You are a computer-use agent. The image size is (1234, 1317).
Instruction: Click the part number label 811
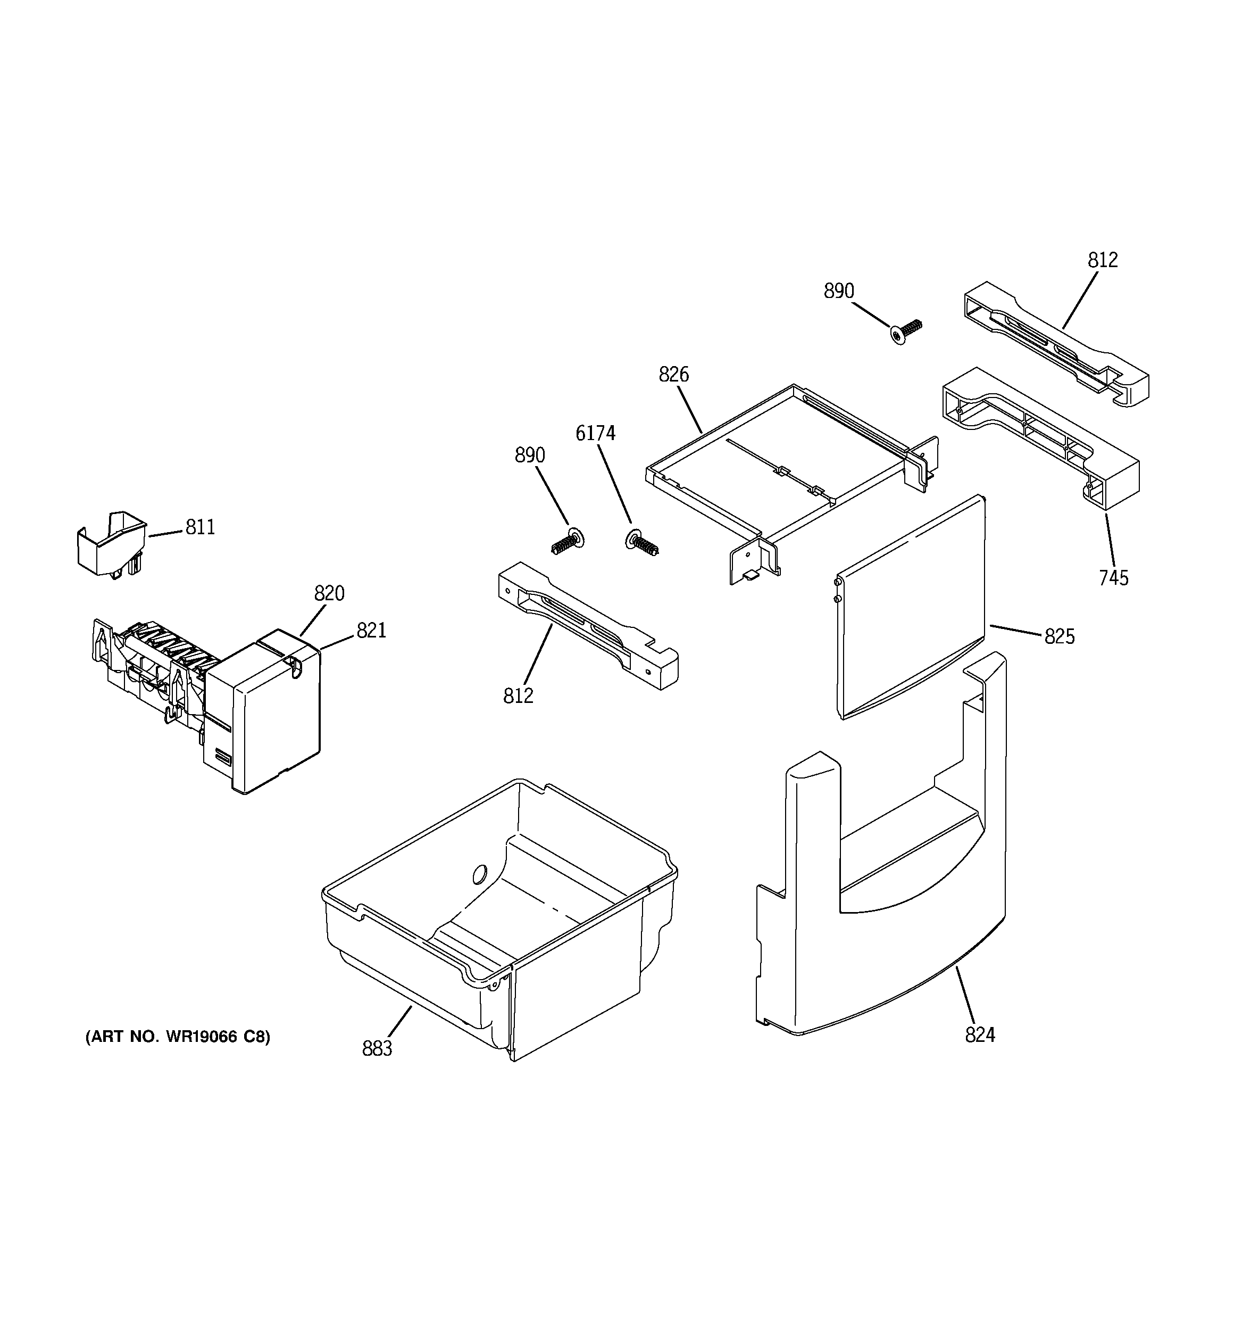tap(200, 527)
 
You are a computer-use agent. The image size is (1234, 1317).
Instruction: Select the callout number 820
tap(329, 593)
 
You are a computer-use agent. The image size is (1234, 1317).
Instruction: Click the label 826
tap(673, 375)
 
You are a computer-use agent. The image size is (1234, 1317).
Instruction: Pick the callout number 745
tap(1113, 578)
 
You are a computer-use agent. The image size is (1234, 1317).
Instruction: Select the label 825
tap(1059, 636)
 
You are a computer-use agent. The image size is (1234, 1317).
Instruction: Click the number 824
tap(980, 1035)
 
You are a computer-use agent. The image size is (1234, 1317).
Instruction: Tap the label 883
tap(377, 1049)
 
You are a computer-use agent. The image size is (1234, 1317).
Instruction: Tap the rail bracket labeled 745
tap(1040, 437)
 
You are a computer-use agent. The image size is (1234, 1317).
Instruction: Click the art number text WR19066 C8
tap(178, 1037)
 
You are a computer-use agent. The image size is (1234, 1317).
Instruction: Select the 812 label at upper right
tap(1102, 260)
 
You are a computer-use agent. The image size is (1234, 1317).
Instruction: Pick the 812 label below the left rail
tap(518, 695)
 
